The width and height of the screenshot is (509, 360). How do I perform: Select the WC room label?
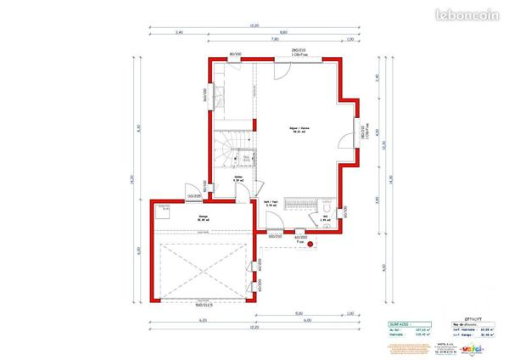[x=326, y=217]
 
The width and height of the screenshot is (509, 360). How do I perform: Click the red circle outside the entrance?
[x=311, y=245]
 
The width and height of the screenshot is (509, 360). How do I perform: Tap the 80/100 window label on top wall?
[x=235, y=54]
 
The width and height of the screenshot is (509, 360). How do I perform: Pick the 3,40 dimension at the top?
[x=179, y=32]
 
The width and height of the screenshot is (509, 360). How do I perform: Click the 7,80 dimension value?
[x=274, y=39]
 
